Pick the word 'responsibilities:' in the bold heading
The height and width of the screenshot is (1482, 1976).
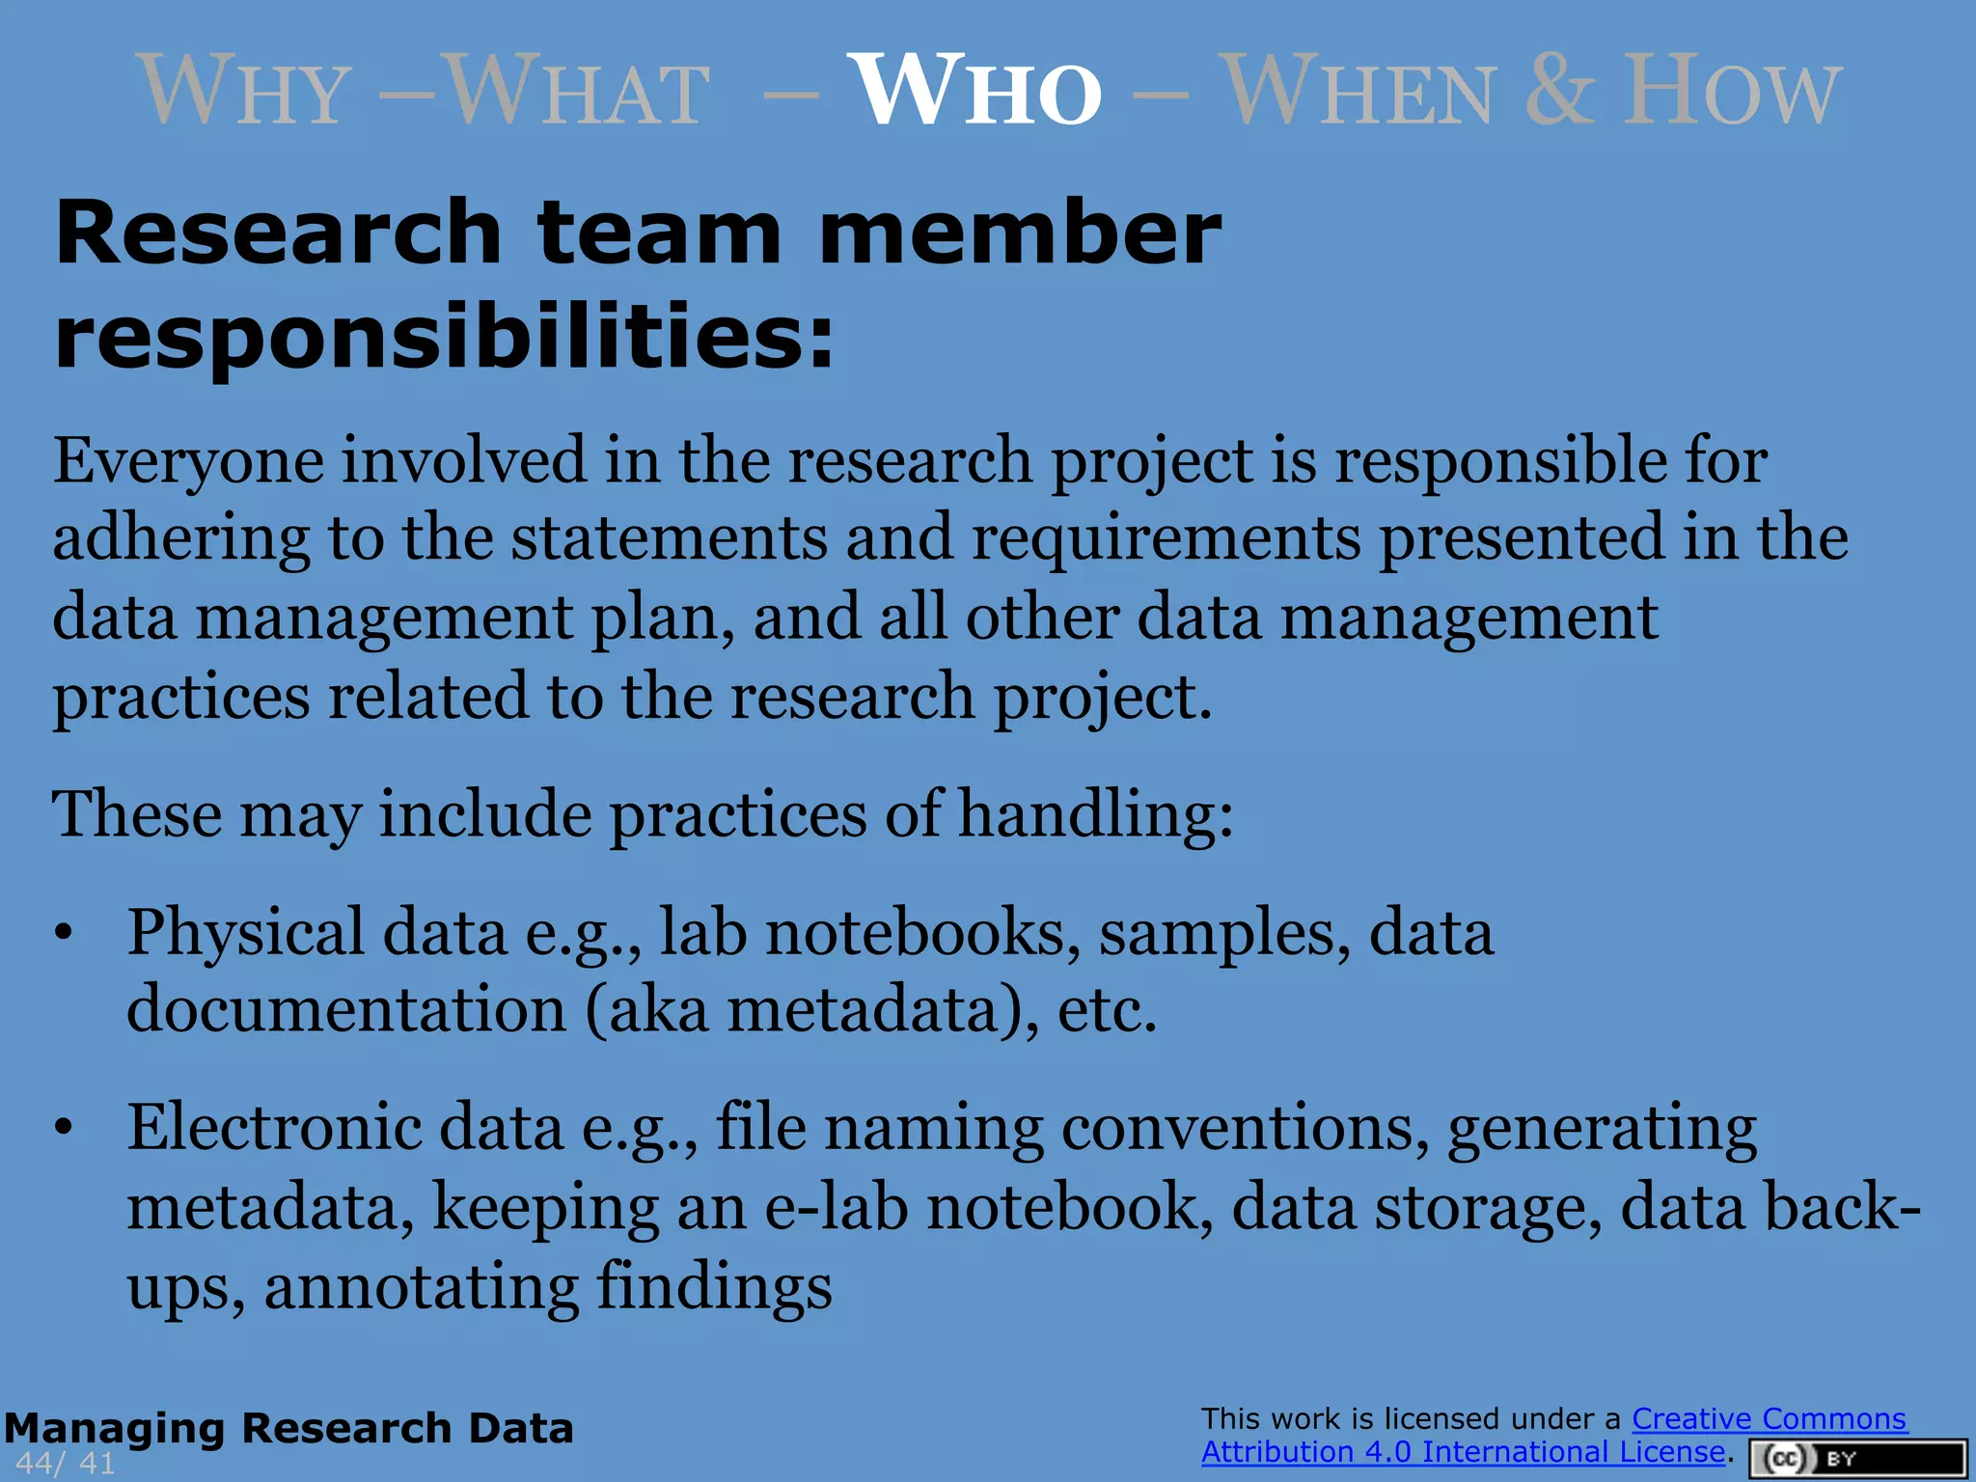(x=444, y=336)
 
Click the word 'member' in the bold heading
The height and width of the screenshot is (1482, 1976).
(x=1019, y=233)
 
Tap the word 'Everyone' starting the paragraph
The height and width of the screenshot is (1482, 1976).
(x=188, y=460)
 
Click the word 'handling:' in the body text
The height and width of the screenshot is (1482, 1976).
(x=1095, y=815)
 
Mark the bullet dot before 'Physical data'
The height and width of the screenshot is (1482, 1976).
(x=64, y=933)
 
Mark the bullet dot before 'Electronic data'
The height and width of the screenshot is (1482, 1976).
(x=64, y=1127)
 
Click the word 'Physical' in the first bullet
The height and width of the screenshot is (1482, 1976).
(x=246, y=933)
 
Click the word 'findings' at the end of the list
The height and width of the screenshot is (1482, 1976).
(x=714, y=1287)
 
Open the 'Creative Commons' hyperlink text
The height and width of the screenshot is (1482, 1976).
(x=1769, y=1419)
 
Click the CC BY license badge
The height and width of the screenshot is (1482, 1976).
(x=1857, y=1459)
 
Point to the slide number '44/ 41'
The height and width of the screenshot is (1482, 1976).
(x=66, y=1463)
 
